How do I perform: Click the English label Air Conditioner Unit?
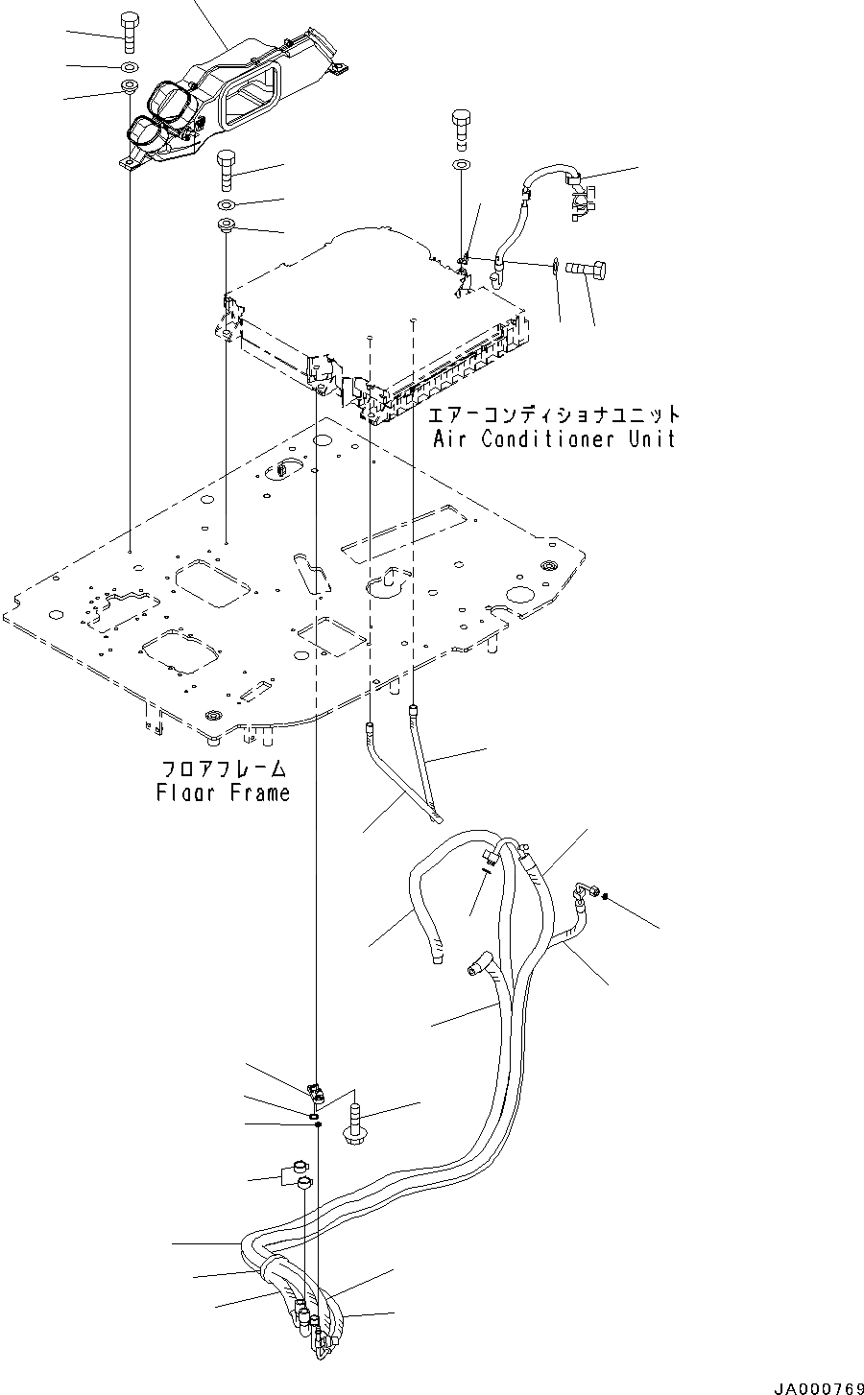point(554,439)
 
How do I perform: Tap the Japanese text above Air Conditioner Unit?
point(554,415)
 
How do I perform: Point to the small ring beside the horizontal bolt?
point(555,263)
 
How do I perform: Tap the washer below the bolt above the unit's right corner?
point(462,168)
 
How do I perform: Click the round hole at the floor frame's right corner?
point(549,565)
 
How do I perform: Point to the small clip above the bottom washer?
point(315,1090)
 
